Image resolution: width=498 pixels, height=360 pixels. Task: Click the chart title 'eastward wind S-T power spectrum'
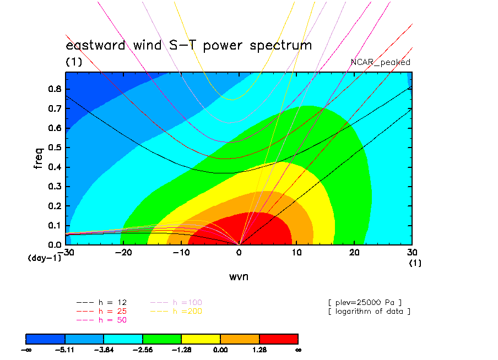click(x=188, y=45)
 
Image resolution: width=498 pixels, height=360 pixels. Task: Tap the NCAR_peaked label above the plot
click(x=381, y=62)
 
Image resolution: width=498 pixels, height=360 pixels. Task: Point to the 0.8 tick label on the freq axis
click(x=55, y=89)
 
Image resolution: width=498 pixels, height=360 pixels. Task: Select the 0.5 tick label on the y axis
click(x=55, y=148)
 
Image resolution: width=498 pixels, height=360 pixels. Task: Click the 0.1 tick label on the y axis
click(x=55, y=226)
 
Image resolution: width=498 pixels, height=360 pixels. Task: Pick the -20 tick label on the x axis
click(x=123, y=253)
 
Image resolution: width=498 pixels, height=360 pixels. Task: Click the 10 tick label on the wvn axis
click(x=296, y=253)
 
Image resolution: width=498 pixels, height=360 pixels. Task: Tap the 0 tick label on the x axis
click(x=239, y=253)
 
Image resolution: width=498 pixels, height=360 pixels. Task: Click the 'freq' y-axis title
click(x=38, y=158)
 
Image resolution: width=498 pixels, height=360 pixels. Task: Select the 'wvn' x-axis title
click(x=239, y=277)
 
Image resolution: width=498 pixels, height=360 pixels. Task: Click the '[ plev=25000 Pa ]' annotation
click(x=365, y=303)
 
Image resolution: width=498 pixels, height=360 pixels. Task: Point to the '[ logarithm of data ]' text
click(x=370, y=312)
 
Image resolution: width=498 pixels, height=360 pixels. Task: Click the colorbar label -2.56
click(x=143, y=350)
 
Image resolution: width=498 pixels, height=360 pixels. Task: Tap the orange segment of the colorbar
click(x=240, y=339)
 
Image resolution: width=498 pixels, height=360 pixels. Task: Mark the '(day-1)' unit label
click(x=45, y=258)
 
